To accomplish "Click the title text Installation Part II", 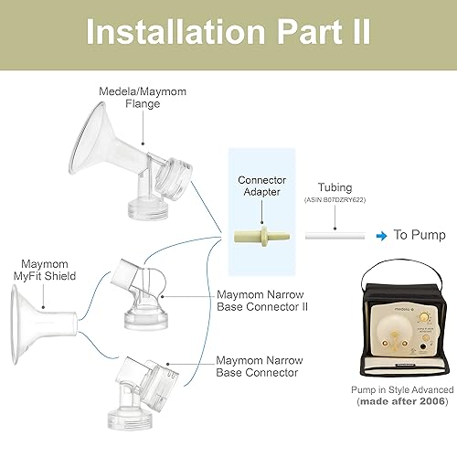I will point(228,31).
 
